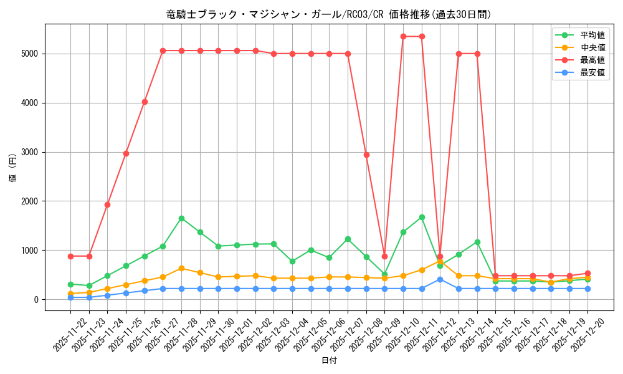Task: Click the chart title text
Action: (328, 14)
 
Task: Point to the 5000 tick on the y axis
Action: (30, 54)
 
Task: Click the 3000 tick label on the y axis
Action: (30, 152)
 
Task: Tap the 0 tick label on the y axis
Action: (36, 300)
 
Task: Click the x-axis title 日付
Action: (328, 361)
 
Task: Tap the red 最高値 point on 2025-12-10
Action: (403, 36)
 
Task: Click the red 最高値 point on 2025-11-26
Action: (145, 102)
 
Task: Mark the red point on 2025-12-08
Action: (366, 155)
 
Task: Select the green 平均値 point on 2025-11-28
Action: (181, 218)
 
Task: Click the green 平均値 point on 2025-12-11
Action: (422, 217)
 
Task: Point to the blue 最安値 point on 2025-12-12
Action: (440, 279)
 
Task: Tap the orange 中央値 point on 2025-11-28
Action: (181, 268)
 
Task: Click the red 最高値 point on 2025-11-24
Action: (107, 204)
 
